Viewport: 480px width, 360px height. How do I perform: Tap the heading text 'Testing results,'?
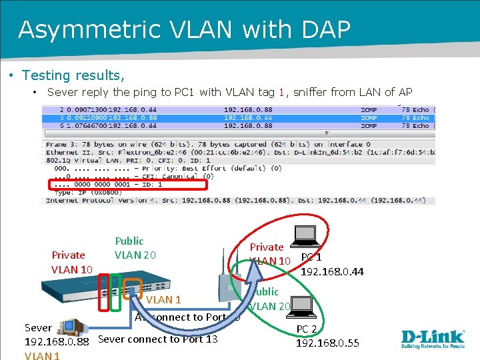pyautogui.click(x=73, y=75)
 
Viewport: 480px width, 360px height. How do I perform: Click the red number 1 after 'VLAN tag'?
pyautogui.click(x=282, y=93)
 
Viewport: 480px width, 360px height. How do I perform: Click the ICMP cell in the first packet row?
pyautogui.click(x=369, y=109)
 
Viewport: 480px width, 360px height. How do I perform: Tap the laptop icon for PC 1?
pyautogui.click(x=306, y=235)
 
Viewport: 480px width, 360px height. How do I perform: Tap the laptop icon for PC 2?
pyautogui.click(x=304, y=305)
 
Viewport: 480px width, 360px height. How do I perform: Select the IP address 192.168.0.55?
pyautogui.click(x=327, y=343)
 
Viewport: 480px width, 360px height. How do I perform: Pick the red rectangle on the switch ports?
pyautogui.click(x=103, y=293)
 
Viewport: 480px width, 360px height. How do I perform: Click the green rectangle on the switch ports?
pyautogui.click(x=115, y=292)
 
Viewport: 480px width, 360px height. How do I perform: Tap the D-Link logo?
pyautogui.click(x=433, y=337)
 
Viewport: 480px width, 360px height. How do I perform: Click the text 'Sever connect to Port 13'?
pyautogui.click(x=157, y=339)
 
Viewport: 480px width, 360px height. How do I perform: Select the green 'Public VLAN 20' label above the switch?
pyautogui.click(x=135, y=248)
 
